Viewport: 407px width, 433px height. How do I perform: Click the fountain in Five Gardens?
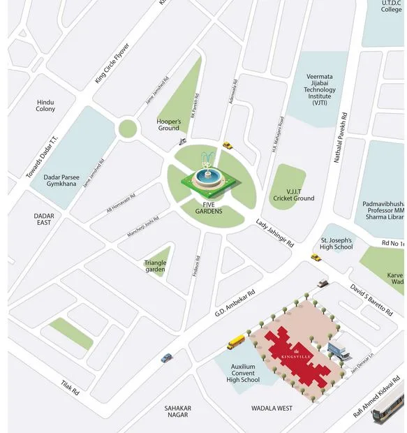click(207, 175)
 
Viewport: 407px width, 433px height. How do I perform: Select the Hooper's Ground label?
click(169, 124)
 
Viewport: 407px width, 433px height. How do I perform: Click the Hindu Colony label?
click(46, 105)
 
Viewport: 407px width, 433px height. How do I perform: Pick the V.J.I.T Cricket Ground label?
click(294, 193)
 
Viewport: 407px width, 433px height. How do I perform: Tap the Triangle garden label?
click(156, 266)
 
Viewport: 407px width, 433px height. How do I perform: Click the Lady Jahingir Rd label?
click(274, 233)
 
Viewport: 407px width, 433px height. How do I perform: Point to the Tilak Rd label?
click(71, 388)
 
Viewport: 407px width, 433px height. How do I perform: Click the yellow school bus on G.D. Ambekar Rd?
click(237, 342)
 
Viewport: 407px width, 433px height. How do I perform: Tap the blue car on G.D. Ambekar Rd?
click(166, 358)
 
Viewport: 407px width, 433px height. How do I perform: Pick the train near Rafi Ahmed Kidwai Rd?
click(387, 412)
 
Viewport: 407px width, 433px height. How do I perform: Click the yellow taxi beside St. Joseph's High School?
click(316, 258)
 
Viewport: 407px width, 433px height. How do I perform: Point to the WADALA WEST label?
click(272, 408)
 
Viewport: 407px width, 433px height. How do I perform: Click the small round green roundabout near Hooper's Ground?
click(127, 129)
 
